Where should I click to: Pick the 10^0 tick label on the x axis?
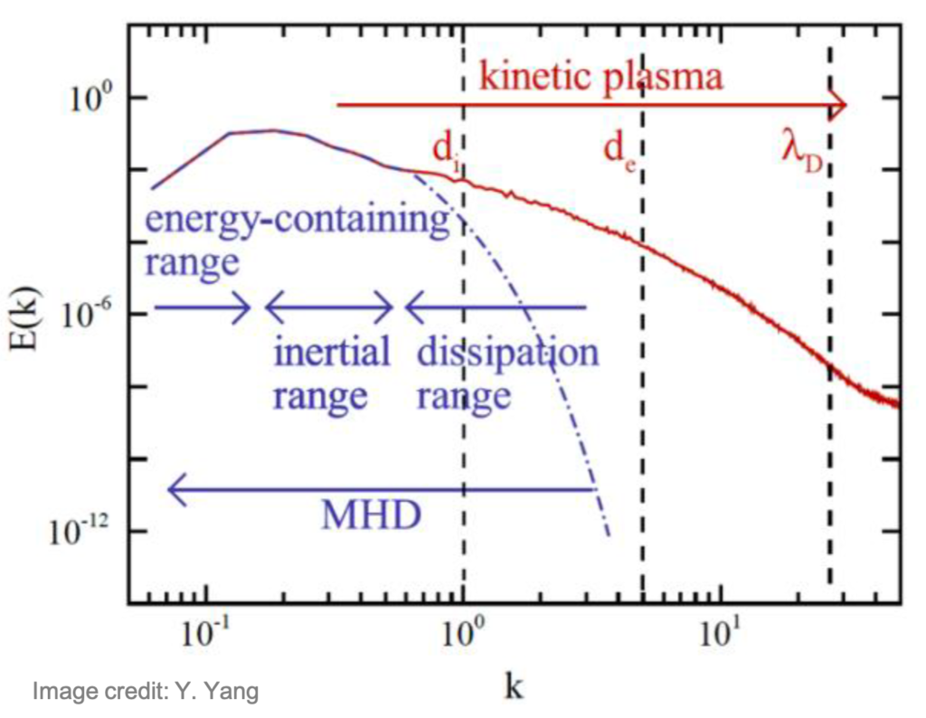[463, 637]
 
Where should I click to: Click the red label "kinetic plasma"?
[600, 76]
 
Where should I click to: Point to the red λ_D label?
[802, 148]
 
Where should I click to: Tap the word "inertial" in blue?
[332, 352]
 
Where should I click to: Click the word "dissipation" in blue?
[507, 352]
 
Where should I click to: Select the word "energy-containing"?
[298, 220]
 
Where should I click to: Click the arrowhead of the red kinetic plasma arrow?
[840, 105]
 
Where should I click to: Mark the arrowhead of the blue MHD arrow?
[175, 490]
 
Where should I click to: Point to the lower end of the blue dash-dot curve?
[609, 534]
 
